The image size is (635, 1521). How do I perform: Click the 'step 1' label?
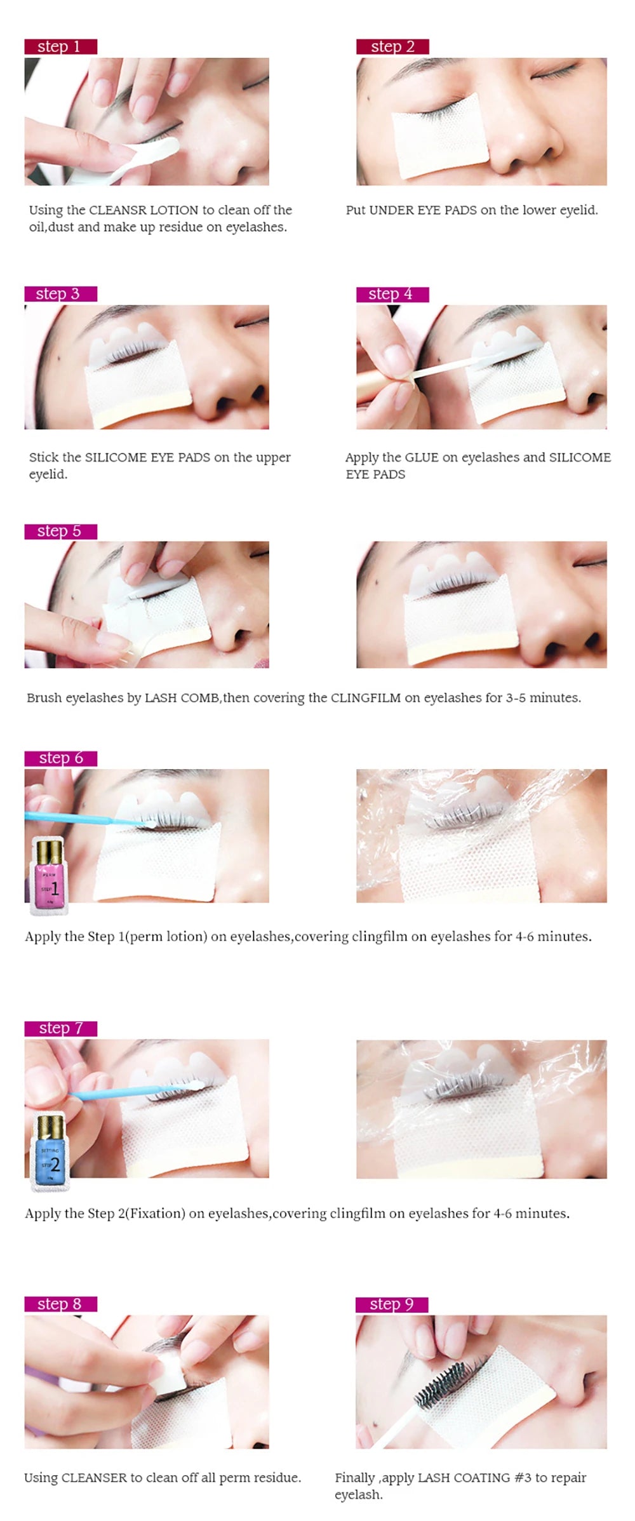60,46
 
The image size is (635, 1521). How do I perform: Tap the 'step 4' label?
392,294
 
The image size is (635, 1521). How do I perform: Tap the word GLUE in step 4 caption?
422,458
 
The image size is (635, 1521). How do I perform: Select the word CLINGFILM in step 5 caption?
365,698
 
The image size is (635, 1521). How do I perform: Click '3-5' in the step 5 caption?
515,698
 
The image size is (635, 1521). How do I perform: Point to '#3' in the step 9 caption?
522,1478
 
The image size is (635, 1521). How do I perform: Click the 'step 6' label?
60,758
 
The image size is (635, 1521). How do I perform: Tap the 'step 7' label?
60,1028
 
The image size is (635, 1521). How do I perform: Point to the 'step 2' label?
392,46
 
